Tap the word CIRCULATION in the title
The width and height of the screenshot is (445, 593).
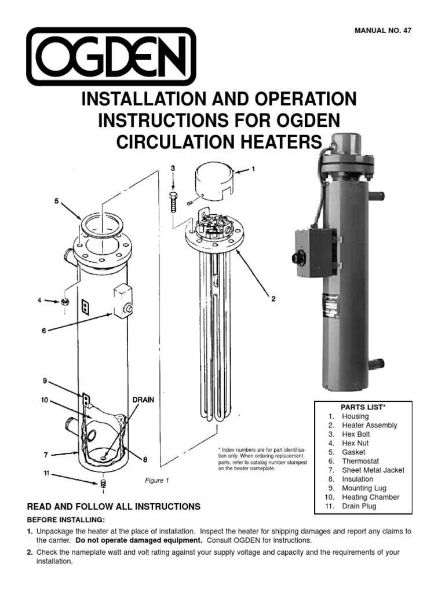point(180,142)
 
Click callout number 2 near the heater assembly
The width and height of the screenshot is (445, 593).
point(273,299)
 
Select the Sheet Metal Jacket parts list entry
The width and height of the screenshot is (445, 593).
point(373,470)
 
